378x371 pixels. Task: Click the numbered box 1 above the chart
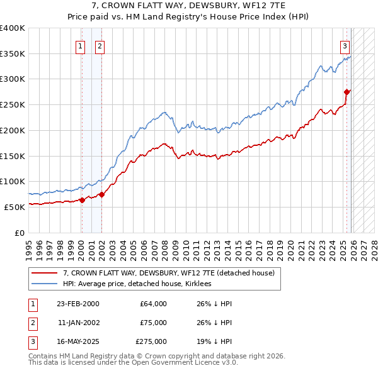[x=81, y=45]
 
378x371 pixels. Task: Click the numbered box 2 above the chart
[x=100, y=45]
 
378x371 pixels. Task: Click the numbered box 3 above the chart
[x=345, y=45]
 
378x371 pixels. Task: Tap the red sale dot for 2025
[x=346, y=92]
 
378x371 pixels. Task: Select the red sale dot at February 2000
[x=82, y=200]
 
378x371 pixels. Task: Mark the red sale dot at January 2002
[x=101, y=194]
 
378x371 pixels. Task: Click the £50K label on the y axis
[x=15, y=207]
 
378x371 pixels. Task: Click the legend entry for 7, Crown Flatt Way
[x=168, y=274]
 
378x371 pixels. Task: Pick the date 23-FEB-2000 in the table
[x=77, y=304]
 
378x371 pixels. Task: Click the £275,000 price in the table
[x=151, y=341]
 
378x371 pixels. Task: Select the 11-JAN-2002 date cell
[x=77, y=323]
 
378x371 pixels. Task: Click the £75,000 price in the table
[x=153, y=323]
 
